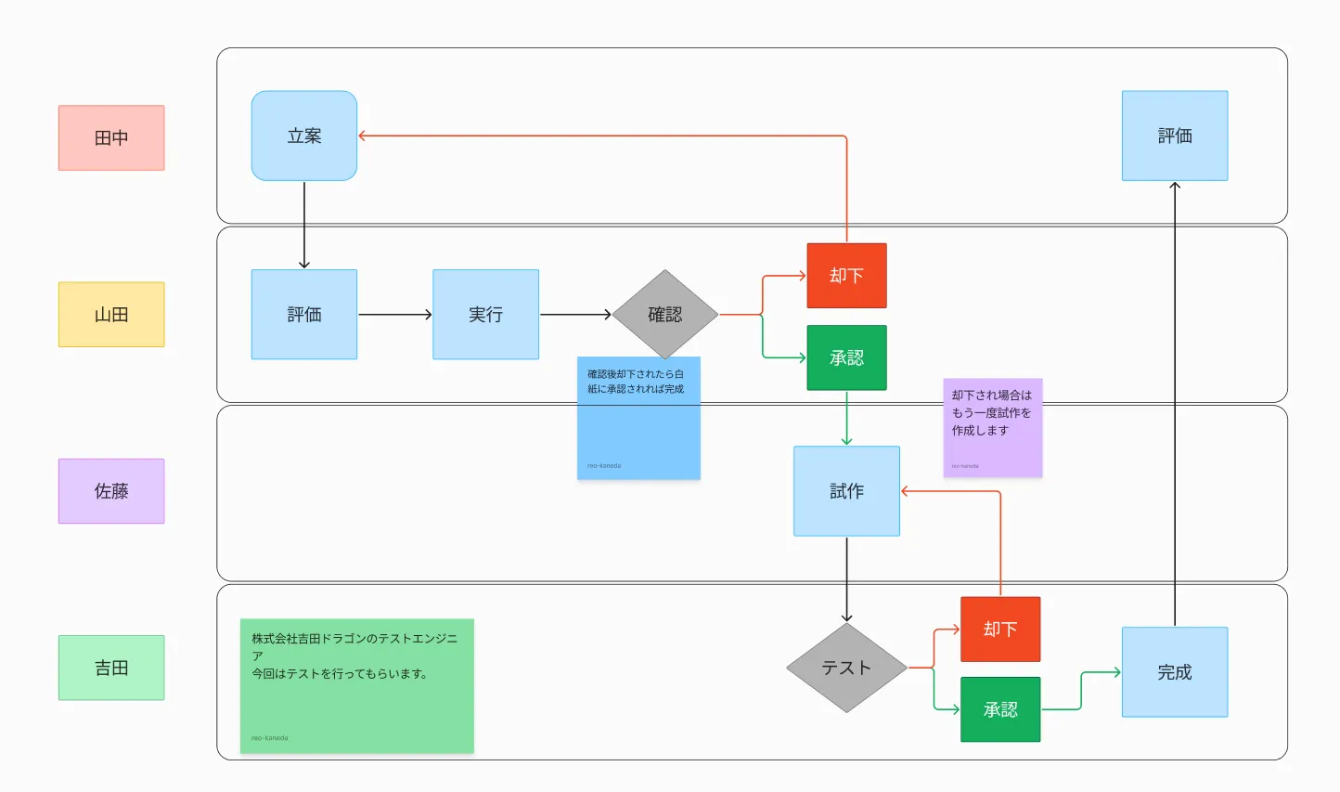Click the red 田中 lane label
tap(111, 137)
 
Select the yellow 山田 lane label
tap(111, 315)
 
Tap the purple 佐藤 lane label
tap(111, 491)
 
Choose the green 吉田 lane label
tap(111, 668)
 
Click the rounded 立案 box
tap(304, 136)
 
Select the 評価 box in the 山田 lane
tap(304, 315)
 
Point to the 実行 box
tap(485, 315)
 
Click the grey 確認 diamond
tap(665, 315)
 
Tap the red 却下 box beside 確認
tap(846, 276)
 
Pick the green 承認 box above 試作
tap(846, 357)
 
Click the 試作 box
tap(846, 491)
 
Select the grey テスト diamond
tap(846, 668)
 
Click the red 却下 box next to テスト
tap(1000, 630)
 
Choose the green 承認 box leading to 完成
tap(1000, 709)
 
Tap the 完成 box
tap(1175, 672)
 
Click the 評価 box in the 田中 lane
tap(1175, 136)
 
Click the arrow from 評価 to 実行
tap(394, 315)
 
